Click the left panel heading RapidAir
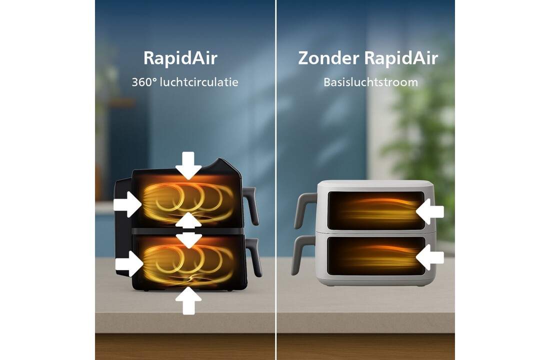(180, 58)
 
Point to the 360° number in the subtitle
(143, 82)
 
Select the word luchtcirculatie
(199, 82)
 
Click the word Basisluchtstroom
(371, 82)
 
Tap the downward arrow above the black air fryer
(188, 165)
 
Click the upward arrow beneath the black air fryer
(188, 300)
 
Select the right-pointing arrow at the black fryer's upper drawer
(127, 204)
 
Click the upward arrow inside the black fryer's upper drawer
(188, 220)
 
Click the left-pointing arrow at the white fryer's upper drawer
(430, 212)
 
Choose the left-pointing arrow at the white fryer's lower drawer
(430, 257)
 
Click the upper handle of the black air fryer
(251, 205)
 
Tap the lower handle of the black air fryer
(254, 257)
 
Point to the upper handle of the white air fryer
(304, 210)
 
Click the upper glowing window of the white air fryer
(375, 210)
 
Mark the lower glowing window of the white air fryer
(376, 256)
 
